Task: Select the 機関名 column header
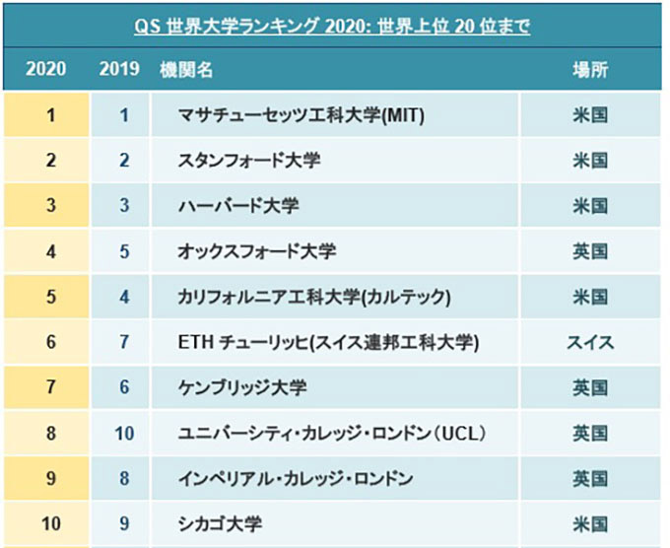[186, 71]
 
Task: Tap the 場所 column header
[589, 71]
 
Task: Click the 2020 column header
[45, 71]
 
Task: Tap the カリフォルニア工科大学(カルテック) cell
[314, 297]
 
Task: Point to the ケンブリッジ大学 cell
[242, 387]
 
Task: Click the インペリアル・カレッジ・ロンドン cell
[296, 478]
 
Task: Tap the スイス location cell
[589, 342]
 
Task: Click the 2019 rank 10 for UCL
[123, 433]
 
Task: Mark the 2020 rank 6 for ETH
[50, 342]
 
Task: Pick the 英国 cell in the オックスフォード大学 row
[589, 251]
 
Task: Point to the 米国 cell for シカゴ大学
[589, 523]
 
